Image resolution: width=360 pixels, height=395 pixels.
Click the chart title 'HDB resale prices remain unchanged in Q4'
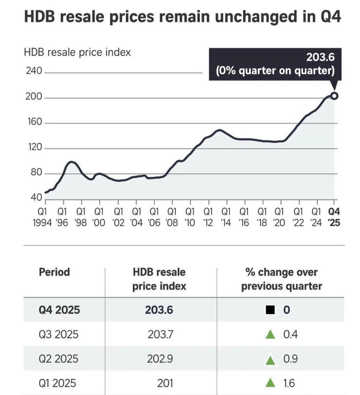tap(182, 17)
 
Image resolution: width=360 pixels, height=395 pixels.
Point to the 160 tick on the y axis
tap(34, 123)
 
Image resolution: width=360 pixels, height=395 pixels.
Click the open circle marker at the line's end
tap(334, 96)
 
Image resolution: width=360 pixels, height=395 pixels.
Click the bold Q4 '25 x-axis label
tap(334, 217)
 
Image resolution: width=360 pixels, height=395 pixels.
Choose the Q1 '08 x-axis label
tap(172, 217)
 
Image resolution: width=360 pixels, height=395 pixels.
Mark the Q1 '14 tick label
tap(226, 217)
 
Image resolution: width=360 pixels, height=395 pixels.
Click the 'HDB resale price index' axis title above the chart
tap(77, 52)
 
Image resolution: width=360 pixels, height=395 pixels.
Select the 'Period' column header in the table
tap(54, 272)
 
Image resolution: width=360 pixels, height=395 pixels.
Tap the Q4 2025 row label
tap(59, 310)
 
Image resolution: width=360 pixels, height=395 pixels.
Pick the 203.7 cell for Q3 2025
tap(161, 334)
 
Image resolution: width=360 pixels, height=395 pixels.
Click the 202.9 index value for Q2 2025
tap(160, 359)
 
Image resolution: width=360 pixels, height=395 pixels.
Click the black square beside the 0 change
tap(270, 310)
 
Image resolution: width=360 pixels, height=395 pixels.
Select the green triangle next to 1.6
tap(270, 383)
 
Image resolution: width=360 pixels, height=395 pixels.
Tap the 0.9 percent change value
tap(290, 359)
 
